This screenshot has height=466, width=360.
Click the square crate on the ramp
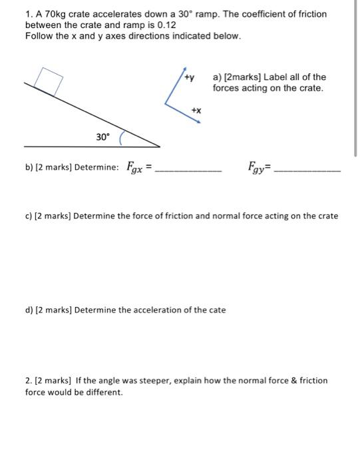(x=46, y=81)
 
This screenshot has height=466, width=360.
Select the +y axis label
(x=190, y=78)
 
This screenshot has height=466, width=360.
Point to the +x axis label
(x=196, y=111)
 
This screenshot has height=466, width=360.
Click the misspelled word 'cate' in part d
(x=217, y=310)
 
